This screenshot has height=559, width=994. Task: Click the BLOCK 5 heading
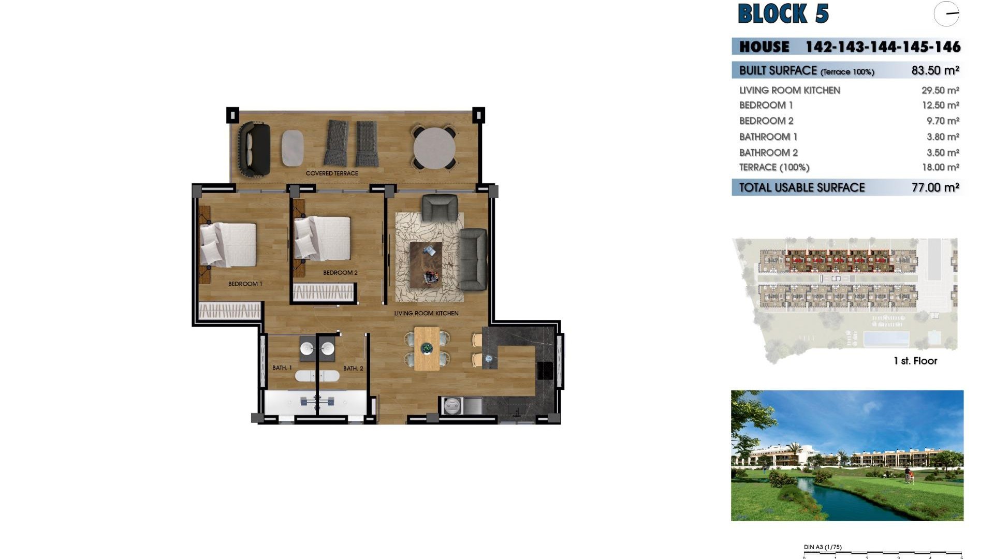click(x=783, y=14)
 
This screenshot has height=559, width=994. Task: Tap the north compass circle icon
click(x=946, y=14)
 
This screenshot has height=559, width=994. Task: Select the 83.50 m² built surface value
click(x=935, y=70)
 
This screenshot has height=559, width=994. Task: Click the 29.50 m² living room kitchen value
click(x=940, y=90)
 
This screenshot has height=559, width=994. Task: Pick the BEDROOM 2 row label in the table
click(x=766, y=121)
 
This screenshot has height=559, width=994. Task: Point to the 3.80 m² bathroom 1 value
click(x=943, y=137)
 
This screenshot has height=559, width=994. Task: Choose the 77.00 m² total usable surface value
click(x=935, y=187)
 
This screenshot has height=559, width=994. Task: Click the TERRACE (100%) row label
click(x=774, y=167)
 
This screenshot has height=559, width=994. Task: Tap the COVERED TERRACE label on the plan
click(x=332, y=173)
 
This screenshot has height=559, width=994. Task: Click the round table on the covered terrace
click(x=434, y=148)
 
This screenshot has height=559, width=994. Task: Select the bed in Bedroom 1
click(x=228, y=244)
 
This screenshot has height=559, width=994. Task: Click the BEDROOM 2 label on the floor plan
click(x=340, y=273)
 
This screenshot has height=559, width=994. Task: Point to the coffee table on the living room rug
click(x=426, y=264)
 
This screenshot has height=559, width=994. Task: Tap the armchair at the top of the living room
click(x=440, y=208)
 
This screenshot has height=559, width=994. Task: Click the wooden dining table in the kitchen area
click(x=427, y=349)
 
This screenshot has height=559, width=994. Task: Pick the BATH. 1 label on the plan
click(x=282, y=368)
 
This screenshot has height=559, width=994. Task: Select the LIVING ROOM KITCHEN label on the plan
click(x=426, y=313)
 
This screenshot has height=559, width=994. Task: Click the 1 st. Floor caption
click(x=915, y=361)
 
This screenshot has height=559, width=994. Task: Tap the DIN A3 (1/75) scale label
click(x=823, y=547)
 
